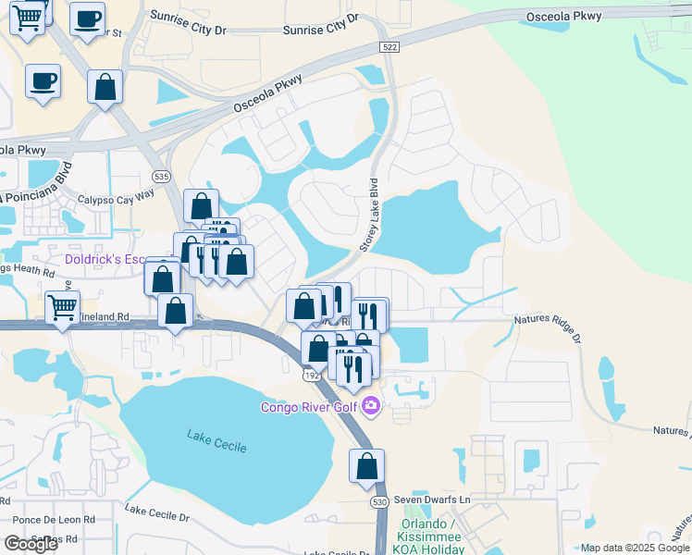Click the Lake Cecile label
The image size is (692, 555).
(216, 440)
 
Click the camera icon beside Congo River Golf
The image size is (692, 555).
(371, 405)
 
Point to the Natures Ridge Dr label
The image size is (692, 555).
(546, 330)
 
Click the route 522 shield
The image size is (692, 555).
(389, 46)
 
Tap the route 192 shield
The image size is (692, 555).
(312, 375)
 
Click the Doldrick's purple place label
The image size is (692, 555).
(103, 260)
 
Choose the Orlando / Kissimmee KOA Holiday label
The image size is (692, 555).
(432, 536)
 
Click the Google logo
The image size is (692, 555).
(31, 544)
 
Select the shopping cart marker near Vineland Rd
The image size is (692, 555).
(62, 306)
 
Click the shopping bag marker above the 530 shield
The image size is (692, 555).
(366, 466)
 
